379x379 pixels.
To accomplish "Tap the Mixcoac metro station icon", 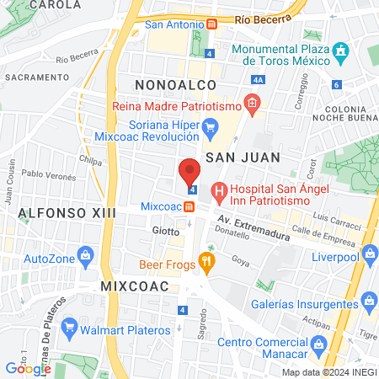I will (189, 206).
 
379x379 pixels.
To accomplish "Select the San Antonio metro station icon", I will (212, 24).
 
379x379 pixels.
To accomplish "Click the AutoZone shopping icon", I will (84, 254).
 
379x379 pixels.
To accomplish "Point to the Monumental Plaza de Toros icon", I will (340, 51).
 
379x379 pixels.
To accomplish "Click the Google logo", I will (28, 368).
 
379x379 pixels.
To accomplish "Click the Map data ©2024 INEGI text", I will (327, 372).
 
